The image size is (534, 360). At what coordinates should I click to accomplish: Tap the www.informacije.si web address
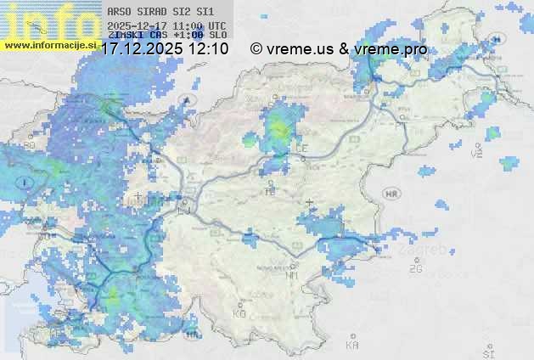(x=50, y=44)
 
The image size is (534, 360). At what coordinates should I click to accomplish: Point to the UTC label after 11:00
(x=216, y=25)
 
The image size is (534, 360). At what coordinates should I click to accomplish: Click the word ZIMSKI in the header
(x=124, y=35)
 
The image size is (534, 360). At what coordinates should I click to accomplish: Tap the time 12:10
(x=209, y=49)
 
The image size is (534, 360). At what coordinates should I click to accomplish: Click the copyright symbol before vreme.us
(x=256, y=49)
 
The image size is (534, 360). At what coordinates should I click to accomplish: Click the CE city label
(x=301, y=149)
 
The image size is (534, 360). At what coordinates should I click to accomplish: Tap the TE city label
(x=271, y=192)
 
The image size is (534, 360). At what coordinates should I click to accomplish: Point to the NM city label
(x=293, y=275)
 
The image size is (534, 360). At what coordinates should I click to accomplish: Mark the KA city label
(x=352, y=346)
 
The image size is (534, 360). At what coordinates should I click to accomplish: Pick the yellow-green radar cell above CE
(x=278, y=130)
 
